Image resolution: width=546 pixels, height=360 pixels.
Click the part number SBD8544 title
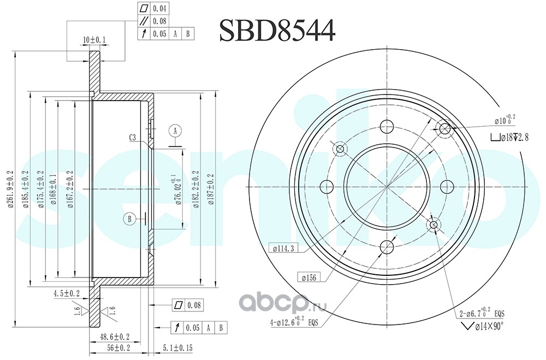277,31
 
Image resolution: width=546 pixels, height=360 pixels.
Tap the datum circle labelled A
175,131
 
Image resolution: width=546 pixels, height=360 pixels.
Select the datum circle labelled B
129,219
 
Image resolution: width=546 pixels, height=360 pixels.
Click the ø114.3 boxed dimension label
284,249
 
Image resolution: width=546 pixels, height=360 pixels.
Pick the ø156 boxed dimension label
309,278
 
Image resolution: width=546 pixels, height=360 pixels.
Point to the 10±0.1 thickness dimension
94,40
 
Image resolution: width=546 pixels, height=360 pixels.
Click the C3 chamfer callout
133,137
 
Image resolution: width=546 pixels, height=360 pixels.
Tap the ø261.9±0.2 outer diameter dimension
10,189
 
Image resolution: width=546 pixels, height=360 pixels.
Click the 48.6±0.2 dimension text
115,337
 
